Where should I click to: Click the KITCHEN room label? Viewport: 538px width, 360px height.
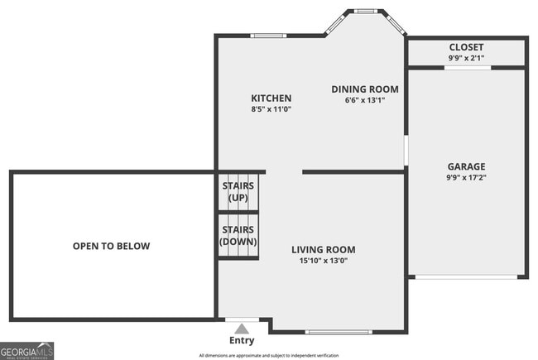[x=271, y=98]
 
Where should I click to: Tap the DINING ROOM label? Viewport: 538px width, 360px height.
[x=365, y=89]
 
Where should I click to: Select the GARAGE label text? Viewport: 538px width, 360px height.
[x=467, y=166]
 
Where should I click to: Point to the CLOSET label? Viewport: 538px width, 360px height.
[x=466, y=47]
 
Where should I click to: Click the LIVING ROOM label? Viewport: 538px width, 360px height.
[x=323, y=249]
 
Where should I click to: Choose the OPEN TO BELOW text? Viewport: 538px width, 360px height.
[x=111, y=246]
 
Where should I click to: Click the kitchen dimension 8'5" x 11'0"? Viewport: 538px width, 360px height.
[x=271, y=109]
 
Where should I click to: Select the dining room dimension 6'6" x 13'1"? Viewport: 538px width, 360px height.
[x=365, y=100]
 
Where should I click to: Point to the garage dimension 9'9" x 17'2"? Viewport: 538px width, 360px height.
[x=467, y=177]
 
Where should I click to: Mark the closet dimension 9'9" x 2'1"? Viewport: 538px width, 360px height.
[x=466, y=58]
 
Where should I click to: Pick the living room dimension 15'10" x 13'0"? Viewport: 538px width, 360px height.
[x=323, y=261]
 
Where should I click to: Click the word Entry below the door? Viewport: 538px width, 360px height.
[x=242, y=340]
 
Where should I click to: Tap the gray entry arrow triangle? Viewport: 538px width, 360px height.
[x=242, y=327]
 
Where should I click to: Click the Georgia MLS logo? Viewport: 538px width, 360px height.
[x=27, y=350]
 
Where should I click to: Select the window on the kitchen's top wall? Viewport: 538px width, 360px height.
[x=268, y=36]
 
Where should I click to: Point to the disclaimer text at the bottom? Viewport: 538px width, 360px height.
[x=268, y=355]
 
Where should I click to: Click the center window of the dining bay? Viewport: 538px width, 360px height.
[x=365, y=11]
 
